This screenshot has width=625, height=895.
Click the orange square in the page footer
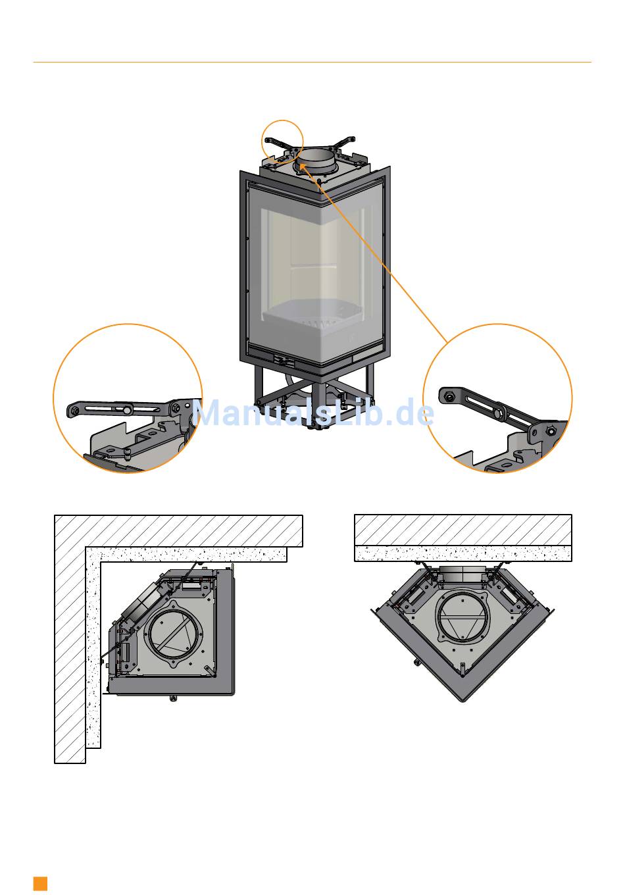click(x=40, y=883)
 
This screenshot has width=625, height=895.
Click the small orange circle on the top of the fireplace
click(x=282, y=140)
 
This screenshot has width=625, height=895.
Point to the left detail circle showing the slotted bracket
click(x=128, y=398)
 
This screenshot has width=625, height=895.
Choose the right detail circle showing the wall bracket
click(x=497, y=398)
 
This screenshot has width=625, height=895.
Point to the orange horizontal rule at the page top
click(x=312, y=63)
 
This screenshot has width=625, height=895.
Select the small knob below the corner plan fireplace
click(x=172, y=698)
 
